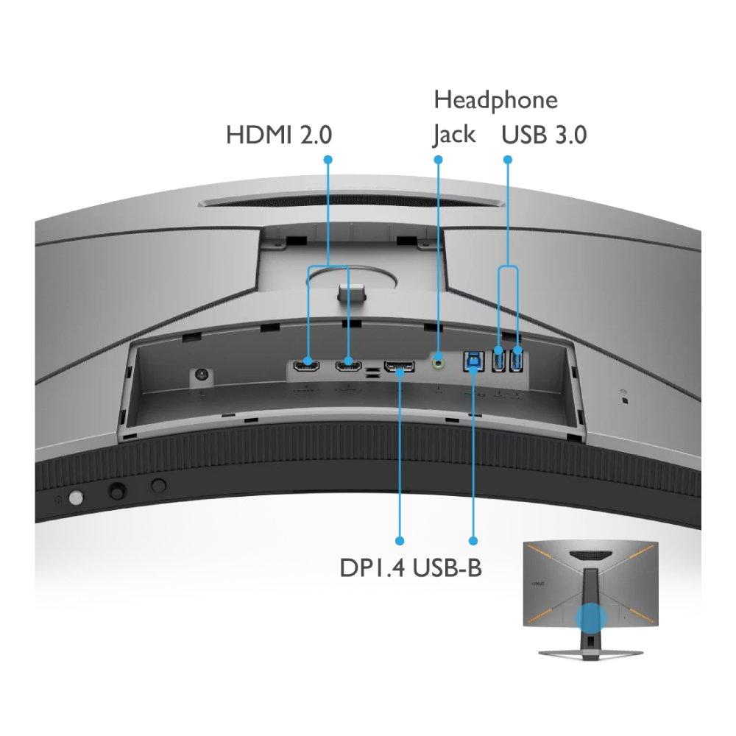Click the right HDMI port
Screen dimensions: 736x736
[347, 365]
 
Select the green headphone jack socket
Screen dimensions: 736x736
[439, 361]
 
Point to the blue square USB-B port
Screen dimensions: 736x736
[472, 362]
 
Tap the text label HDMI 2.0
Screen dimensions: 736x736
[279, 135]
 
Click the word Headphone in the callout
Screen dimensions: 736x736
[495, 99]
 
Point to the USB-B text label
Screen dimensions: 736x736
[448, 568]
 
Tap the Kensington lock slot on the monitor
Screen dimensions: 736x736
[625, 400]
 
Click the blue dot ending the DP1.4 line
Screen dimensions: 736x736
[400, 539]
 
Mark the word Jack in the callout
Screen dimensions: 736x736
[453, 135]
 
